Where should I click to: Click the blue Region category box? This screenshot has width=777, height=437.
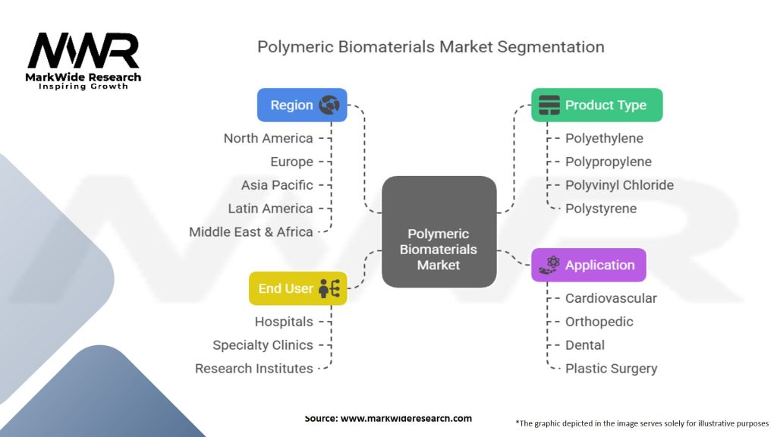coord(302,105)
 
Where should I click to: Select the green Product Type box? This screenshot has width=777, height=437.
coord(596,105)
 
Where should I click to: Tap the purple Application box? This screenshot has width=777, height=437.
coord(589,265)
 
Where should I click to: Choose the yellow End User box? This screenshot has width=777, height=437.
coord(297,288)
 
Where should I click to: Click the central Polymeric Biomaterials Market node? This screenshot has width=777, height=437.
coord(439,231)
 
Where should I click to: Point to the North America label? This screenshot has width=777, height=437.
coord(268,138)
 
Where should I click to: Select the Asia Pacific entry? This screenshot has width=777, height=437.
coord(277,185)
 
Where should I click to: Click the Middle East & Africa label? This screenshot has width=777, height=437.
coord(250,232)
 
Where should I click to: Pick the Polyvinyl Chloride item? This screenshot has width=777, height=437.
coord(619,185)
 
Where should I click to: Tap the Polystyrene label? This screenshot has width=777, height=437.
coord(601,209)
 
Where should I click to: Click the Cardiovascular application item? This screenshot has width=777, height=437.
coord(611,298)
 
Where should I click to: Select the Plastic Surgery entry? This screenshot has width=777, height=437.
coord(612,369)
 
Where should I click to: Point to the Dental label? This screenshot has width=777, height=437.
coord(585,345)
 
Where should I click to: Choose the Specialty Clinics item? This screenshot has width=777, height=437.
coord(263,345)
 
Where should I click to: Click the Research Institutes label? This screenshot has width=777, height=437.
coord(253,369)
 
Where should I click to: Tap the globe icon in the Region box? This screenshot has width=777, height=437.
coord(329,105)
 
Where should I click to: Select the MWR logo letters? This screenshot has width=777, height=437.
coord(83,51)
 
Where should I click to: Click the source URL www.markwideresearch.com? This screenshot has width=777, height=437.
coord(407,418)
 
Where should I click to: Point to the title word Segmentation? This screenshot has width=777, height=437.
coord(551,47)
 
